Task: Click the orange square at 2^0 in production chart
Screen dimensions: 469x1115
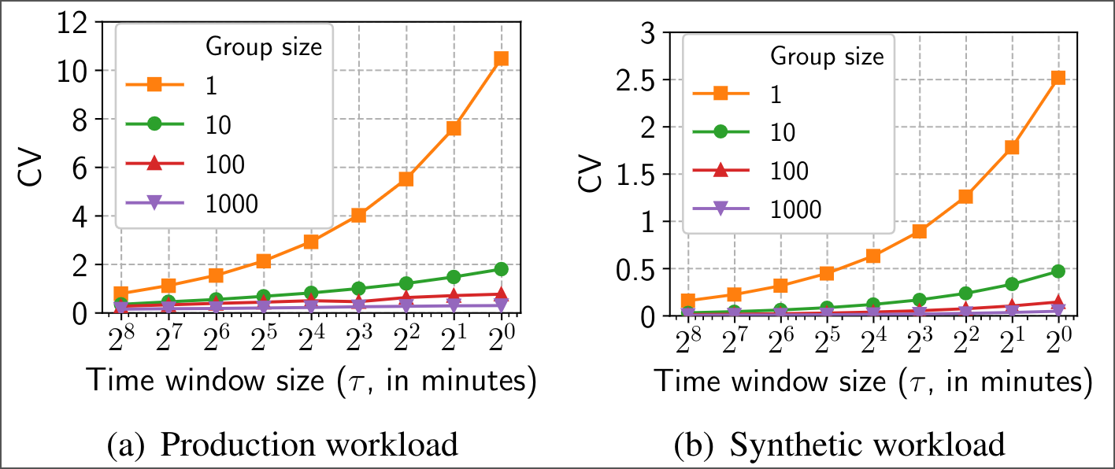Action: (x=501, y=58)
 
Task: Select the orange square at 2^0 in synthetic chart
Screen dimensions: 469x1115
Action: (x=1058, y=77)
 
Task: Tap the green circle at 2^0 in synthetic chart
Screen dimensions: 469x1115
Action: (x=1058, y=271)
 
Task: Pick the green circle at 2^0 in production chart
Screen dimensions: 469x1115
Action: (x=501, y=269)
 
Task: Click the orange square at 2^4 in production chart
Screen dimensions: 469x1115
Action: (x=310, y=242)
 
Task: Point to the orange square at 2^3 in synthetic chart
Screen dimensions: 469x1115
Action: (x=918, y=231)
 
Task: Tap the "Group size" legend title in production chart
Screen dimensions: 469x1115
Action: (x=263, y=46)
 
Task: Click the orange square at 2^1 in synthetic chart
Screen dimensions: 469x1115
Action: (x=1011, y=147)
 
